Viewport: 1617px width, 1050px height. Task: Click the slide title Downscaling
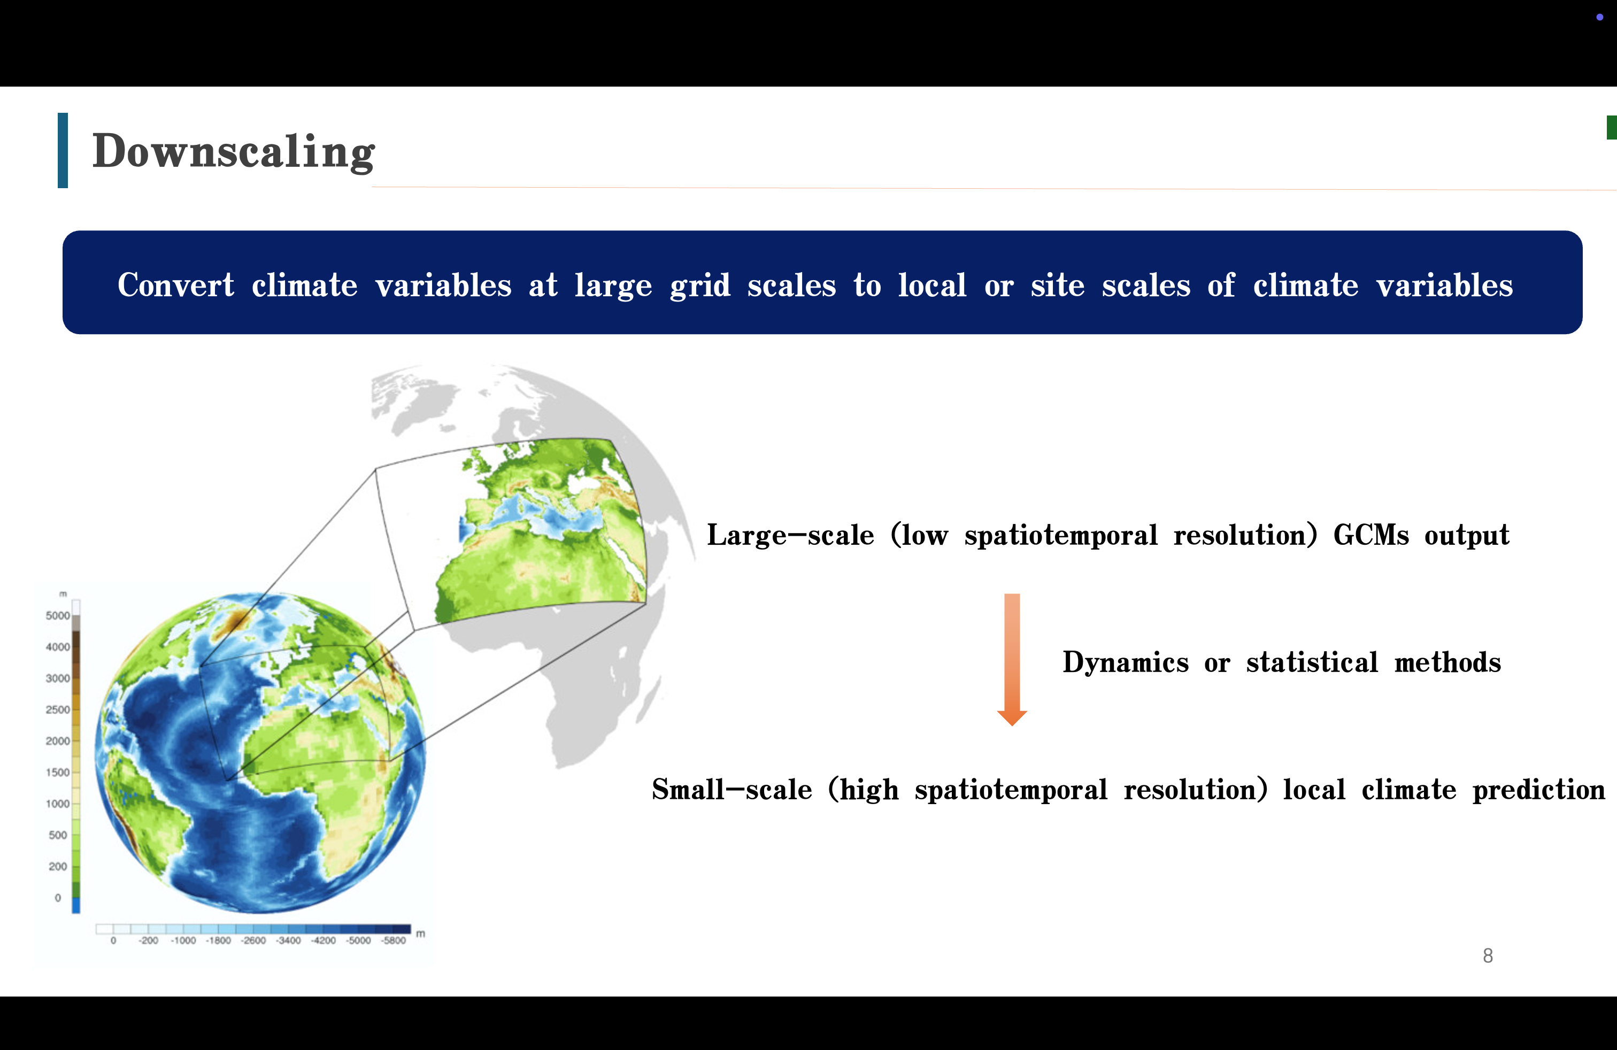tap(233, 151)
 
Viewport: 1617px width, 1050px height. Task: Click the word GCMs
tap(1371, 535)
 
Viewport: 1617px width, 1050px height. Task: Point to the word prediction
tap(1539, 790)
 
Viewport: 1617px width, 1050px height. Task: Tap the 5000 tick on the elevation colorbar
tap(58, 616)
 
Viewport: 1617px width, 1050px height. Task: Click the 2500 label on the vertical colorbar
tap(58, 710)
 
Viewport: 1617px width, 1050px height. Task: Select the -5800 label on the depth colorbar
tap(394, 940)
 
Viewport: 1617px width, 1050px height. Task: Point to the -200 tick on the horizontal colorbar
tap(148, 940)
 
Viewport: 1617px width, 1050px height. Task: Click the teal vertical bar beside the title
tap(63, 150)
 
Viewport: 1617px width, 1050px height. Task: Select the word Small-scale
tap(731, 790)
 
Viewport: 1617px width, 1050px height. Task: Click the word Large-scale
tap(790, 536)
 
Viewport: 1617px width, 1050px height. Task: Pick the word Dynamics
tap(1126, 663)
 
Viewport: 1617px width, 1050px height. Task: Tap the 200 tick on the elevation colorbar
tap(58, 867)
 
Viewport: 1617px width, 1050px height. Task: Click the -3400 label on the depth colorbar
tap(289, 940)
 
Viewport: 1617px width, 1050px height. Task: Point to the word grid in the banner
tap(700, 286)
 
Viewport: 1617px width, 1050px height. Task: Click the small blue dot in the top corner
tap(1599, 17)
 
